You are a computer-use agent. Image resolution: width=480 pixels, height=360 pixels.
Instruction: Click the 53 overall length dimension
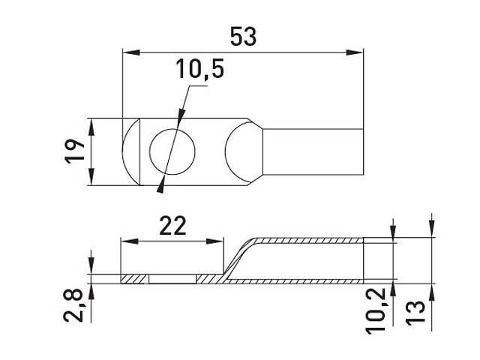pos(243,37)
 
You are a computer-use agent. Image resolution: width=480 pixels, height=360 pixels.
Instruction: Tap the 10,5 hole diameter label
pos(199,69)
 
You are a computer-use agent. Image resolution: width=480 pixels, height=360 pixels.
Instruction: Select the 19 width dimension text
pos(75,151)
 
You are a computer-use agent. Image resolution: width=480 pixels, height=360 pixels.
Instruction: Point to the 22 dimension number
pos(172,226)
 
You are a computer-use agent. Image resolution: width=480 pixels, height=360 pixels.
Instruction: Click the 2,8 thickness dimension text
pos(73,305)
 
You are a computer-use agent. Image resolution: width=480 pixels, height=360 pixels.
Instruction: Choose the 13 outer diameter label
pos(415,312)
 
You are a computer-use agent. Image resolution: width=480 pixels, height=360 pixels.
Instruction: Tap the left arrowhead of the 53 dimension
pos(131,52)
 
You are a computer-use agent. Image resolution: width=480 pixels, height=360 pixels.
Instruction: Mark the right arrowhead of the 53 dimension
pos(355,52)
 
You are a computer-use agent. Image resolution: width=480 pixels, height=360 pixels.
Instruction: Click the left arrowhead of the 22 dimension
pos(130,241)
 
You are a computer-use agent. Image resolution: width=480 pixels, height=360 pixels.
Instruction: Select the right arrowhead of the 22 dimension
pos(214,241)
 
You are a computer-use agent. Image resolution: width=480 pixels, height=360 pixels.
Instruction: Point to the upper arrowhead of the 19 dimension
pos(91,127)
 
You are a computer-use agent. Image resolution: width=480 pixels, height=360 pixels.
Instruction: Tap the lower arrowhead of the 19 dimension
pos(91,176)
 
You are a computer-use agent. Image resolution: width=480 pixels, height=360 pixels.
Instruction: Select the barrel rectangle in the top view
pos(313,151)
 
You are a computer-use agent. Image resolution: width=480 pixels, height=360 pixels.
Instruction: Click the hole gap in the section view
pos(172,279)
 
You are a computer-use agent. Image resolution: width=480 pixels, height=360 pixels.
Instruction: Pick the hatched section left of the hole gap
pos(135,279)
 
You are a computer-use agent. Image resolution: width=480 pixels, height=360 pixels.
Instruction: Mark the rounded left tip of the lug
pos(131,151)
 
